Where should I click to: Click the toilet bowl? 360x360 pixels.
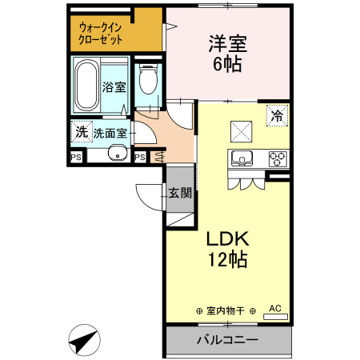(x=146, y=82)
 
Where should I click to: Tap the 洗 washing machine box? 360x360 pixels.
(x=80, y=131)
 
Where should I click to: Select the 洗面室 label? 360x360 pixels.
(x=110, y=132)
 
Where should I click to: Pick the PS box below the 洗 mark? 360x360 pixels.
(x=77, y=156)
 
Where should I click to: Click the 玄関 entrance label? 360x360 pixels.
(x=179, y=192)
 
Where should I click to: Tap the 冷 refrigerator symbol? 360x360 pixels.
(x=278, y=114)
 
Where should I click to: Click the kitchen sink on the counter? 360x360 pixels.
(x=242, y=158)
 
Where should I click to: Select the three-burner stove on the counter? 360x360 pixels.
(x=278, y=157)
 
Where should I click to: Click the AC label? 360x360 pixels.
(x=274, y=307)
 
